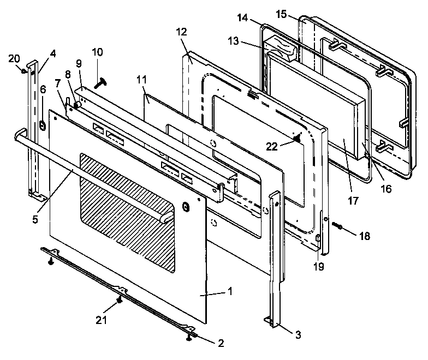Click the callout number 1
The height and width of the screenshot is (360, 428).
point(230,292)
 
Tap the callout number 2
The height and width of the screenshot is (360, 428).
point(220,343)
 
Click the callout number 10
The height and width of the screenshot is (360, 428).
point(97,52)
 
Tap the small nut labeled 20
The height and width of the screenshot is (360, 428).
point(24,69)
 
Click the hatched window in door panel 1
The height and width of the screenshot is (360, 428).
point(128,210)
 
